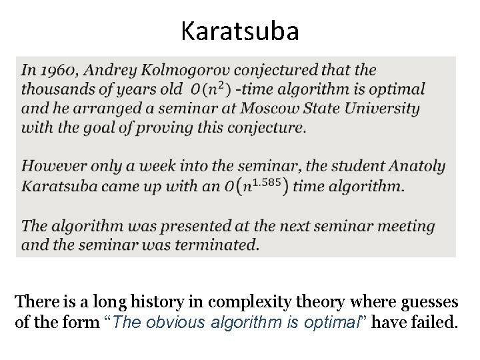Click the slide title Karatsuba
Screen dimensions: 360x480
click(240, 32)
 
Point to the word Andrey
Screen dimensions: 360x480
click(109, 70)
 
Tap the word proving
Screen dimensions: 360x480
click(147, 127)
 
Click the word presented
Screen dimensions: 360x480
click(181, 225)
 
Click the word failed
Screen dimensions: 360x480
click(436, 324)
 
